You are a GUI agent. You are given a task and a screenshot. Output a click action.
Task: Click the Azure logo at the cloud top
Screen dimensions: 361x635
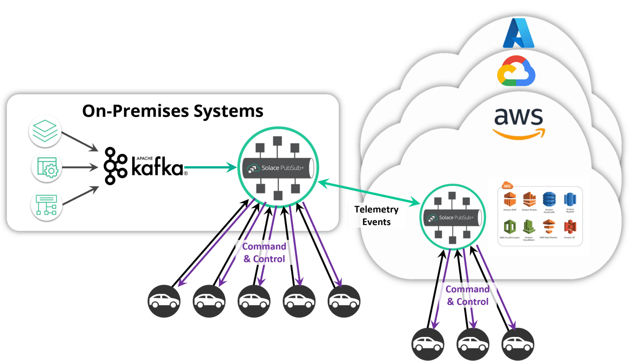(518, 34)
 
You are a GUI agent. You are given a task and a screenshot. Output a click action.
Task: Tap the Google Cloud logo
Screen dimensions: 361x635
(516, 71)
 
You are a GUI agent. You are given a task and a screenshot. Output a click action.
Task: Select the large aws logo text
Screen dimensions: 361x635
(518, 117)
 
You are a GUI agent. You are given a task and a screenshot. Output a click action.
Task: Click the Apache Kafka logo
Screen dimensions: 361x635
(145, 166)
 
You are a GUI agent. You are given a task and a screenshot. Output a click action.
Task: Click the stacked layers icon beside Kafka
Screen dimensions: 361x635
(45, 131)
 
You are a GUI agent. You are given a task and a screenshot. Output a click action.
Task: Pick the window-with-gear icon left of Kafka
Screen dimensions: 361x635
(47, 167)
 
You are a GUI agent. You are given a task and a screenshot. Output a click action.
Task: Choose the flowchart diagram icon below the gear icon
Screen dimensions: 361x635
(46, 205)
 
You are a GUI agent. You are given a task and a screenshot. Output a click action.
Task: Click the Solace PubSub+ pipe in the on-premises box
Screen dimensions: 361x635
(278, 168)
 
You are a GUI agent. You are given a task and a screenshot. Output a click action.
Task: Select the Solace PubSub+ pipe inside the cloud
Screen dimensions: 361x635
(452, 218)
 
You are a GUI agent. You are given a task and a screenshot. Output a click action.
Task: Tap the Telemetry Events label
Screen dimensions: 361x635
(376, 216)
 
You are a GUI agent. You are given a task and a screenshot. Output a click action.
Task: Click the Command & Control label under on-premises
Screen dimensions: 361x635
(264, 252)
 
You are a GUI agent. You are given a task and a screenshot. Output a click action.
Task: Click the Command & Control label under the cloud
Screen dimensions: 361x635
(468, 295)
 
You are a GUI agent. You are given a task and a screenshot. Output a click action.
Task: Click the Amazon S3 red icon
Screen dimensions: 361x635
(570, 227)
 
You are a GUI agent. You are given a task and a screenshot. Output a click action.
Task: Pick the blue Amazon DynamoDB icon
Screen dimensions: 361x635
(549, 200)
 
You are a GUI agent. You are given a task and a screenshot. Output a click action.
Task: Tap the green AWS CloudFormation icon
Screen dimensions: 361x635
(510, 227)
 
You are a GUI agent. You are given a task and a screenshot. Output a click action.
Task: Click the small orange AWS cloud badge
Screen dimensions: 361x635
(507, 185)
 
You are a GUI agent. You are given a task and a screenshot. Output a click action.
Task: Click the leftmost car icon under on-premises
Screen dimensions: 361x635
(164, 301)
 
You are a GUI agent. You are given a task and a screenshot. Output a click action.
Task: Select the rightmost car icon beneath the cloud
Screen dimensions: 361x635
(518, 344)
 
